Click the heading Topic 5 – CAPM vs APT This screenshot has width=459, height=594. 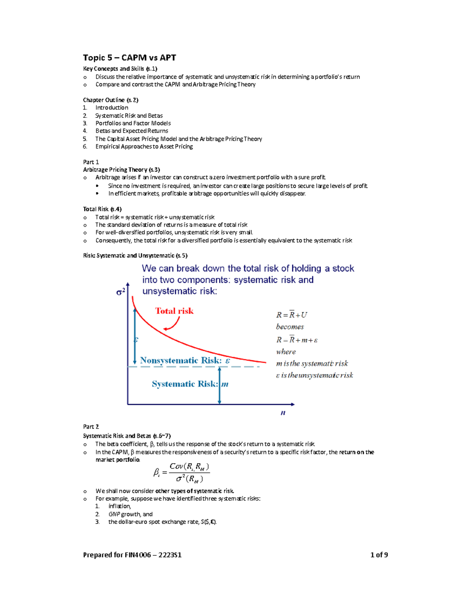pos(129,58)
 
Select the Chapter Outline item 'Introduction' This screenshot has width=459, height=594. pos(112,108)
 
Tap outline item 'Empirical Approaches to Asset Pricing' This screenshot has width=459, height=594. pos(144,146)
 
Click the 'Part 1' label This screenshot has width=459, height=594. pos(91,162)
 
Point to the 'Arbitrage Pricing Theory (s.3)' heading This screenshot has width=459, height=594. pos(121,170)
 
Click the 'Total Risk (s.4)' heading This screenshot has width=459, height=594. pos(102,209)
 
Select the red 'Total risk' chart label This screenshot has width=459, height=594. pos(174,311)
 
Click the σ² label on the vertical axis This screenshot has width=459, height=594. pos(120,292)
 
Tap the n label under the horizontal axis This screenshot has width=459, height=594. pos(283,413)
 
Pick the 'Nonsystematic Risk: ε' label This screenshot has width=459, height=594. pos(185,360)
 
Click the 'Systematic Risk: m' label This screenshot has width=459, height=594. pos(190,384)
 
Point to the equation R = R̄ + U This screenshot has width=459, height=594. pos(291,315)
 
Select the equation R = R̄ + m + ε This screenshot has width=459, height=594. pos(297,340)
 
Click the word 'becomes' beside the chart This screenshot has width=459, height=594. pos(290,327)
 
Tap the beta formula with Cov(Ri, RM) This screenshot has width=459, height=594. pos(182,473)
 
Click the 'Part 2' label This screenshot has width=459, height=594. pos(91,427)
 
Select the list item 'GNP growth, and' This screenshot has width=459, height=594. pos(130,514)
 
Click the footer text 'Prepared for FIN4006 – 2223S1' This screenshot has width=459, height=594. pos(132,555)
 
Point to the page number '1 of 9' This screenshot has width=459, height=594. pos(379,555)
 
